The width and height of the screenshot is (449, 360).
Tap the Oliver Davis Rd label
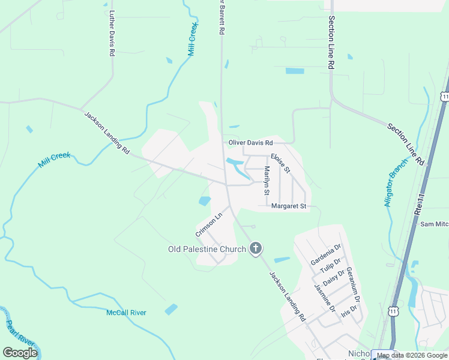[x=250, y=143]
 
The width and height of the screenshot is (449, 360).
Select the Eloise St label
[x=280, y=163]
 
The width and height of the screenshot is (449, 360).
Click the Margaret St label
[x=289, y=206]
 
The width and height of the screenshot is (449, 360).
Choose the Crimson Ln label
[x=208, y=223]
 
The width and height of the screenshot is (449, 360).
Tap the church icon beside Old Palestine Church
[x=256, y=248]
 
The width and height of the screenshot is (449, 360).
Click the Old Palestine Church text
[x=206, y=249]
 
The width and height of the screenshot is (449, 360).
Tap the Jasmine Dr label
[x=325, y=298]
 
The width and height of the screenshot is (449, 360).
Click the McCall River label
[x=126, y=313]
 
